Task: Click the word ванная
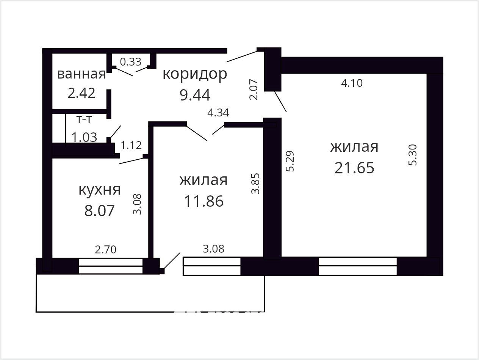[x=81, y=74]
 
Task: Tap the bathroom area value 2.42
[x=81, y=93]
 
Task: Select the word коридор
[x=195, y=75]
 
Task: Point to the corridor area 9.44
[x=195, y=95]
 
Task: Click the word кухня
[x=100, y=190]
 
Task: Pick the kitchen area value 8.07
[x=100, y=211]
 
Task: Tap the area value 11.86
[x=204, y=201]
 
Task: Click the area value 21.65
[x=354, y=168]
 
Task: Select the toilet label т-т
[x=84, y=119]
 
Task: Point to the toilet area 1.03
[x=84, y=137]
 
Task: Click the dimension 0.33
[x=130, y=62]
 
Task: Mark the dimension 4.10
[x=352, y=83]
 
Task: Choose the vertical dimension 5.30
[x=413, y=155]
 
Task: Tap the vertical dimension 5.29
[x=290, y=161]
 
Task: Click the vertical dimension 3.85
[x=255, y=184]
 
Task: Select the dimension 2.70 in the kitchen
[x=106, y=250]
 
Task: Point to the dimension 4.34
[x=218, y=113]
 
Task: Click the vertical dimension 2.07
[x=254, y=90]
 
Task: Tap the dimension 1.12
[x=131, y=145]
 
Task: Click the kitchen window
[x=111, y=266]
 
